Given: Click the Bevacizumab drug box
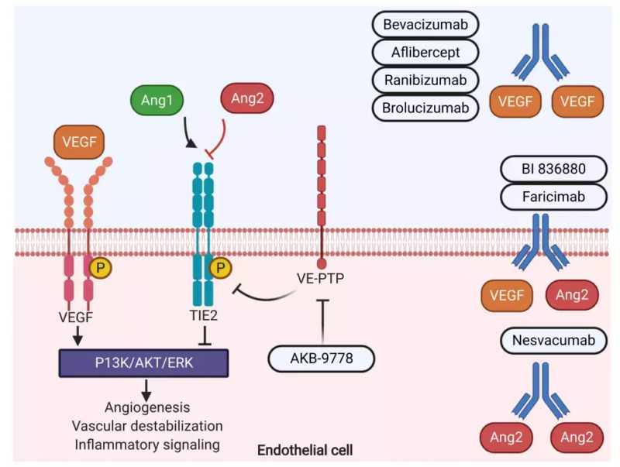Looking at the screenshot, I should (x=425, y=25).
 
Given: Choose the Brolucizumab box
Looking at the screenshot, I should (x=425, y=107).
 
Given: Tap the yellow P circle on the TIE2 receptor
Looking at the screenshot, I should (x=221, y=268).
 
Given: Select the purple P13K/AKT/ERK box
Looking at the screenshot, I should (x=143, y=362).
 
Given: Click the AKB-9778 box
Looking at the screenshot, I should (x=322, y=359).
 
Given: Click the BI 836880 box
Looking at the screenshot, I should (x=553, y=169).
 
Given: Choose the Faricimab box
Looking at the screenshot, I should (x=553, y=197).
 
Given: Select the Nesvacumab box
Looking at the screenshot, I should (x=553, y=339).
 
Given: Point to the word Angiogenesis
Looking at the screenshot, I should (x=147, y=407).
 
